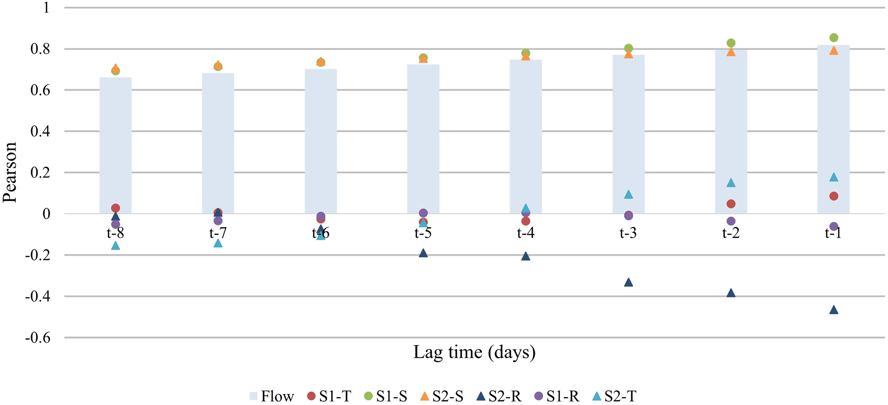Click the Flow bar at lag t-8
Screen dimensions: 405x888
coord(115,146)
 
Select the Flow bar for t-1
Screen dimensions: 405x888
coord(833,130)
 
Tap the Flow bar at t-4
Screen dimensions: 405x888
coord(526,137)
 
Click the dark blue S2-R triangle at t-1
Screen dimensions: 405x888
coord(834,310)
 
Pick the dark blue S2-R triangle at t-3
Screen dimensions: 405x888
coord(628,283)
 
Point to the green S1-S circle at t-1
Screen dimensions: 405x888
coord(834,38)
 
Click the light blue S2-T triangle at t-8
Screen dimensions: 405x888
coord(115,246)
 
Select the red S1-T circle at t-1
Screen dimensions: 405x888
coord(834,196)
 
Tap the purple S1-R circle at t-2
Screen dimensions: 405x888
coord(731,221)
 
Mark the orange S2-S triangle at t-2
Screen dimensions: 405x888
coord(731,52)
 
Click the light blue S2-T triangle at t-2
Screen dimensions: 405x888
coord(731,183)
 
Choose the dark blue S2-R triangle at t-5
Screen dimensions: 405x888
coord(423,253)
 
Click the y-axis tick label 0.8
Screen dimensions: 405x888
coord(40,49)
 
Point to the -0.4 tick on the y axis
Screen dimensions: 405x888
coord(37,296)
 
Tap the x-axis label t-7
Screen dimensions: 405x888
coord(218,233)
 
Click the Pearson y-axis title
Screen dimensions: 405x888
coord(10,172)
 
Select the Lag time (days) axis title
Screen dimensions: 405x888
coord(474,352)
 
